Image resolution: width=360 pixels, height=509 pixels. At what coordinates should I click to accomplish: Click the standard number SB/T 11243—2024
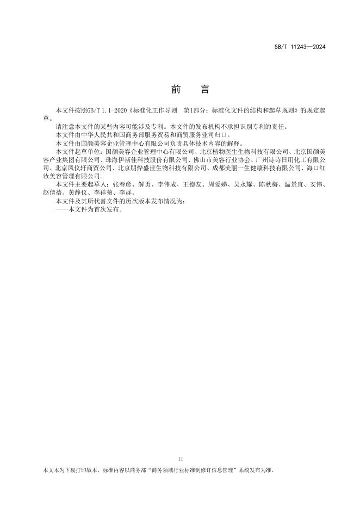point(299,47)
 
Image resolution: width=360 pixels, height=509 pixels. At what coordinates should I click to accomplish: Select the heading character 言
point(204,89)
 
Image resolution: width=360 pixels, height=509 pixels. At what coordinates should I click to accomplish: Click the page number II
point(181,459)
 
